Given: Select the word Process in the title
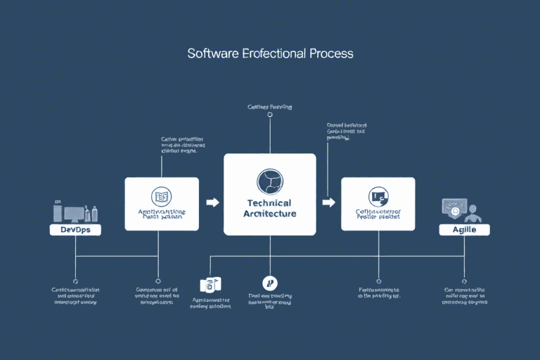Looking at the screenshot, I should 330,53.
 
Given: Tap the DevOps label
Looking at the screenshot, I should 75,230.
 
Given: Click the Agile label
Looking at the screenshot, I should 464,230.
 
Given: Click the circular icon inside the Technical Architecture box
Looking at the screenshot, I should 270,181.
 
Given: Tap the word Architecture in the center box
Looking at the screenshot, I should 270,213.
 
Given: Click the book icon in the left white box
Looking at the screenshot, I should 162,197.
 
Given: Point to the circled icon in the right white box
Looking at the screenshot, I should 378,197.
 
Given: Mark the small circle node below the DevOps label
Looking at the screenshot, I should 75,279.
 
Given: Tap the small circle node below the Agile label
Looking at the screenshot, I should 464,279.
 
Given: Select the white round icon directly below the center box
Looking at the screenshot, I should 270,283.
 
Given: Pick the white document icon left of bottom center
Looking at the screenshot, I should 210,284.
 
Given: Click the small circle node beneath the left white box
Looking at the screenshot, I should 157,279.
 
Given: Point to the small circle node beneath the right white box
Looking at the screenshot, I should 378,279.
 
